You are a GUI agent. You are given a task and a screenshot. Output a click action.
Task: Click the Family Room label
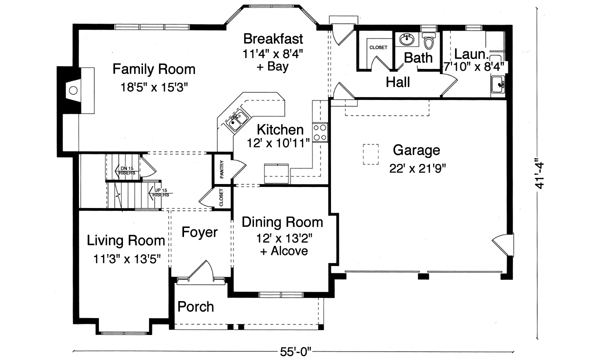coord(153,69)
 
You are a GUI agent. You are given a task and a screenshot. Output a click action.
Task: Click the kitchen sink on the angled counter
coord(238,123)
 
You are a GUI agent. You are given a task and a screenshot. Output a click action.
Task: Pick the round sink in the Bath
coord(406,41)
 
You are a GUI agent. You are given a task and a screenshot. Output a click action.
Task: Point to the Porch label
coord(195,306)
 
